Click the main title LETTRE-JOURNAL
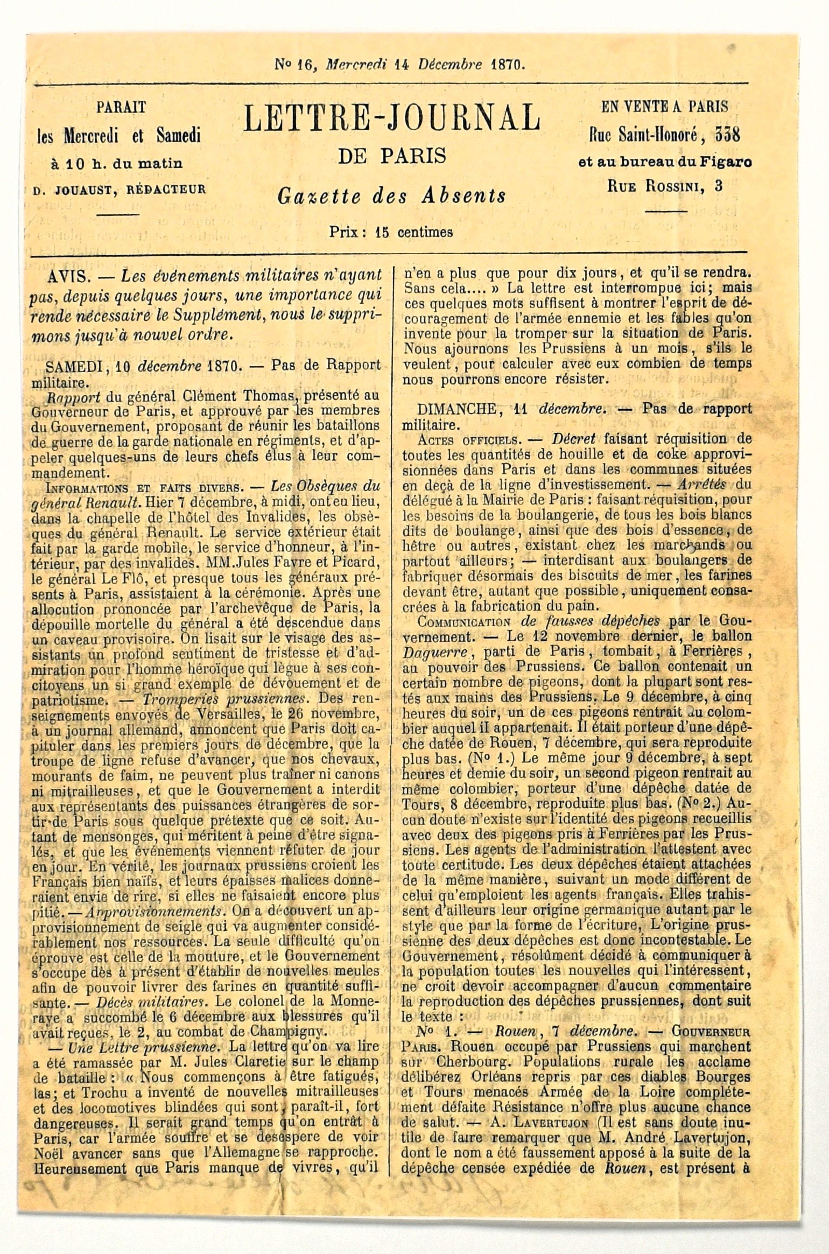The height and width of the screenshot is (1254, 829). pyautogui.click(x=391, y=118)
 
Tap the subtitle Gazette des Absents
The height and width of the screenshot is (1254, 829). pyautogui.click(x=391, y=195)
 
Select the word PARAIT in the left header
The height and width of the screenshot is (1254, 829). pyautogui.click(x=121, y=107)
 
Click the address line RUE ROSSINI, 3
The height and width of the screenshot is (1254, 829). pyautogui.click(x=665, y=187)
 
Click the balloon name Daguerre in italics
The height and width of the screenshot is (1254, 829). pyautogui.click(x=428, y=651)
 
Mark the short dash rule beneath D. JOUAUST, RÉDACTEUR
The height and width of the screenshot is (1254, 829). pyautogui.click(x=120, y=214)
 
